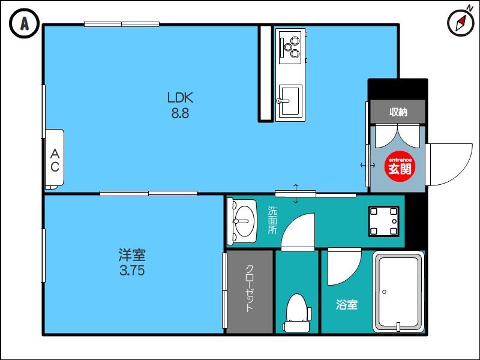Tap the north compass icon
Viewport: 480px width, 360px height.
[x=460, y=23]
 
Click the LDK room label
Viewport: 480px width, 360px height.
[x=180, y=98]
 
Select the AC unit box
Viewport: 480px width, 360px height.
[x=54, y=159]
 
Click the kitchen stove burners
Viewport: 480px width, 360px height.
[x=291, y=47]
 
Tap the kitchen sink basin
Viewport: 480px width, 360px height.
[x=290, y=100]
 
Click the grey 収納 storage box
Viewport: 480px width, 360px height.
[x=398, y=112]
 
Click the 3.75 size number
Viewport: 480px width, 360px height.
[x=131, y=271]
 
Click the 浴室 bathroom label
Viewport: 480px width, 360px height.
[x=346, y=305]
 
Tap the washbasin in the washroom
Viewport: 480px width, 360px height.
[x=242, y=220]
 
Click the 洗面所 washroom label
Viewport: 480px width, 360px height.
[x=272, y=220]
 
